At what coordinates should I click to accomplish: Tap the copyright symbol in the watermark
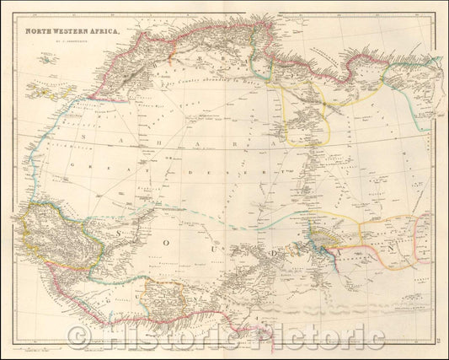click(78, 338)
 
